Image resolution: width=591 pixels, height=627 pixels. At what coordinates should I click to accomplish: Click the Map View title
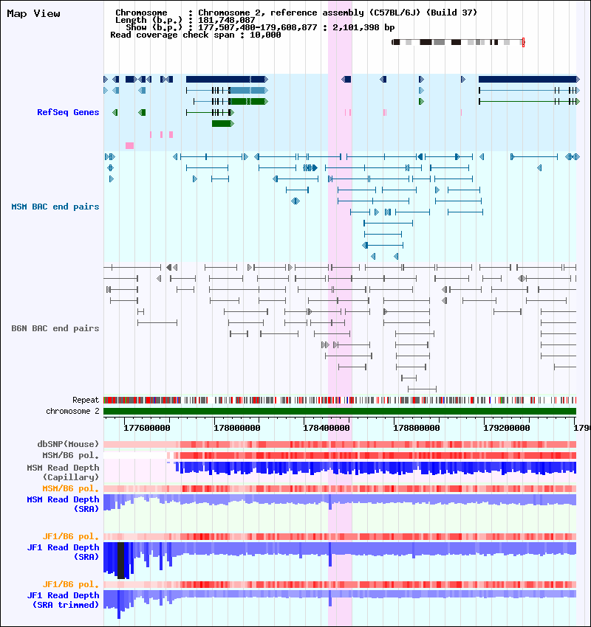pyautogui.click(x=33, y=13)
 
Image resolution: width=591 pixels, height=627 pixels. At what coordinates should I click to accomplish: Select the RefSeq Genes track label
pyautogui.click(x=68, y=112)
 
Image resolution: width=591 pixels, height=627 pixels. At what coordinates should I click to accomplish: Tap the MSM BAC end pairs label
pyautogui.click(x=55, y=207)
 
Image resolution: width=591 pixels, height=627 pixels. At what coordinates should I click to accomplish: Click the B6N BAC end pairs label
pyautogui.click(x=55, y=328)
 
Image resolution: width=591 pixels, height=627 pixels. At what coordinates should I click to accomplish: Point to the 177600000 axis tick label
pyautogui.click(x=147, y=427)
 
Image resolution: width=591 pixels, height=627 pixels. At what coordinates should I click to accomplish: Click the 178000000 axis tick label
pyautogui.click(x=236, y=427)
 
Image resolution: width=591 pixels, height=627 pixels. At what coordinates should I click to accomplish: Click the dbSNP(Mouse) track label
pyautogui.click(x=68, y=444)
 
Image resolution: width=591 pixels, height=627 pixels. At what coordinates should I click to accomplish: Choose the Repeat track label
pyautogui.click(x=86, y=400)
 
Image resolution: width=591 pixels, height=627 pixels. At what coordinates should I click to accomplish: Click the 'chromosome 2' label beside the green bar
pyautogui.click(x=72, y=411)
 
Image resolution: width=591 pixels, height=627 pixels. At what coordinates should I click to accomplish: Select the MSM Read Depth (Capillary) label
pyautogui.click(x=63, y=472)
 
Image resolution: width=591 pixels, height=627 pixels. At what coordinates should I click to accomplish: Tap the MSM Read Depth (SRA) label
pyautogui.click(x=63, y=504)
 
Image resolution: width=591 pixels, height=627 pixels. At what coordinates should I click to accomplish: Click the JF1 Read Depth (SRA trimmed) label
pyautogui.click(x=63, y=600)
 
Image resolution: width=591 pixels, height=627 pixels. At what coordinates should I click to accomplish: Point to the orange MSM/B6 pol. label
pyautogui.click(x=71, y=488)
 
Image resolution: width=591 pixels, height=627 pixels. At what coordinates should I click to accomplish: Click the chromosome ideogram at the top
pyautogui.click(x=458, y=42)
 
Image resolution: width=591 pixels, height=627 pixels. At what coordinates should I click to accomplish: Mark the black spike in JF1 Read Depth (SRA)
pyautogui.click(x=122, y=561)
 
